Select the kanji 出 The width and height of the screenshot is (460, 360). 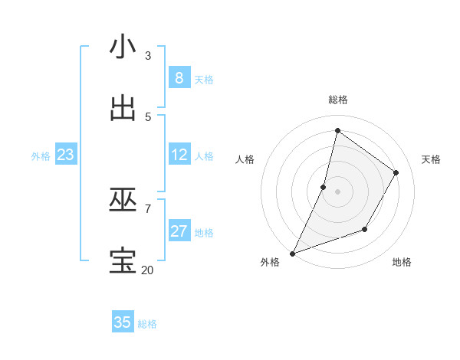(x=123, y=108)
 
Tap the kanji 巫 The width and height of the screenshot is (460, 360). (x=123, y=200)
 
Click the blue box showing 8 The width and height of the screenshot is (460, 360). (x=179, y=78)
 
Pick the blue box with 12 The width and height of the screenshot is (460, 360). (x=179, y=155)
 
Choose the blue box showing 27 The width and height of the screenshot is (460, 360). (x=179, y=231)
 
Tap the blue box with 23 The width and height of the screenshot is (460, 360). (x=65, y=155)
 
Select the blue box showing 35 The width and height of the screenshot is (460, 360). (x=123, y=322)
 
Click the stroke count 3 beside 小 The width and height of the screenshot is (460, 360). (x=148, y=56)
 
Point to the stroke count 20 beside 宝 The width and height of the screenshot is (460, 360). (x=147, y=270)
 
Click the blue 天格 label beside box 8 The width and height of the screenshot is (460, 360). (x=204, y=79)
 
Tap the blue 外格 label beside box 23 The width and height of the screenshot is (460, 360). (x=41, y=155)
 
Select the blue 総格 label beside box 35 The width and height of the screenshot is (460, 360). (x=147, y=323)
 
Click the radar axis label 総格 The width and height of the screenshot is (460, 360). (x=337, y=100)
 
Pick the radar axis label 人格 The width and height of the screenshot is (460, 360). (x=245, y=159)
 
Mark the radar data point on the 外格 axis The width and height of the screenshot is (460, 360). (x=292, y=253)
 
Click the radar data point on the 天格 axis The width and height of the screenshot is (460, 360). (x=396, y=172)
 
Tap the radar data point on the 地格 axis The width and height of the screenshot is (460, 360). (x=365, y=229)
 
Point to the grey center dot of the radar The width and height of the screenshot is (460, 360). (x=337, y=191)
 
